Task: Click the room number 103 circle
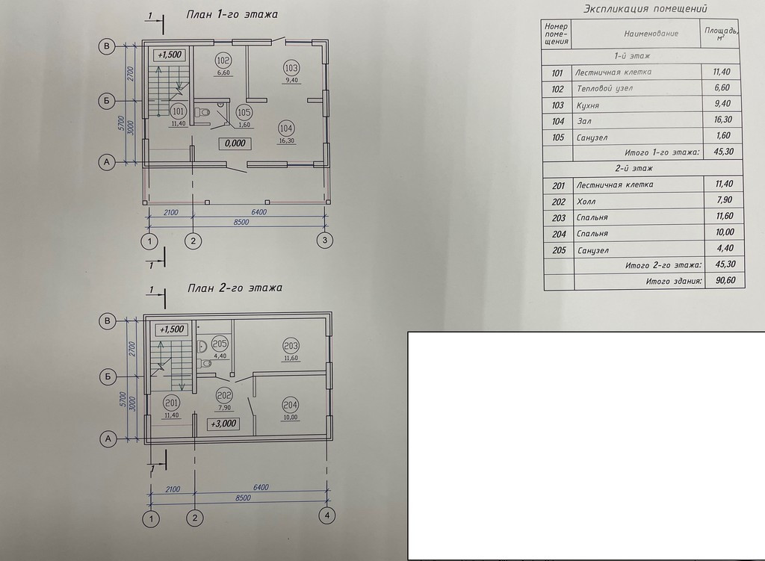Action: point(292,65)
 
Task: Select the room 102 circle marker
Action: point(223,61)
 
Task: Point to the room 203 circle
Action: point(291,346)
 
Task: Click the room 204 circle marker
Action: point(291,405)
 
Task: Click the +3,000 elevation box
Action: point(223,424)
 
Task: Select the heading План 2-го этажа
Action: point(225,288)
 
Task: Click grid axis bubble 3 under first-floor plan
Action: point(325,240)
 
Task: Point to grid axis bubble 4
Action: point(326,515)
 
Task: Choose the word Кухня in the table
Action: point(588,105)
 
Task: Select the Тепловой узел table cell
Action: point(604,89)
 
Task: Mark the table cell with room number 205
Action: point(557,250)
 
